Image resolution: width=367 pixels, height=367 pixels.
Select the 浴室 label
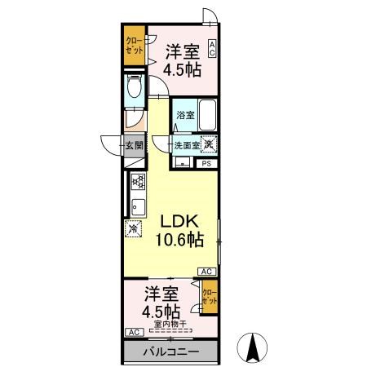(185, 116)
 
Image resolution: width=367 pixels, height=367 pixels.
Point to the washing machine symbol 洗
(210, 144)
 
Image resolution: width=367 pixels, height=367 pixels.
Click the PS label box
(206, 163)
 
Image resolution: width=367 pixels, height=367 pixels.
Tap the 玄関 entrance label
(135, 147)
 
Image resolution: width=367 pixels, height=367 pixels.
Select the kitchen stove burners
(138, 182)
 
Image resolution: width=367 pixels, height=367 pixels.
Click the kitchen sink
(137, 205)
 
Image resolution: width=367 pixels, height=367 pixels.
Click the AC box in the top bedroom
(212, 48)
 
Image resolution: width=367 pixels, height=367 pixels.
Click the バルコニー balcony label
(172, 352)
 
